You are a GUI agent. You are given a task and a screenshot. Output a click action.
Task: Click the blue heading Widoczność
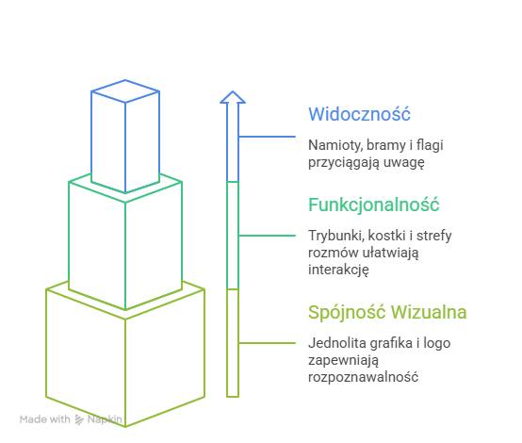point(359,114)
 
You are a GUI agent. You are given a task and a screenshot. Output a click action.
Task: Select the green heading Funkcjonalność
point(373,205)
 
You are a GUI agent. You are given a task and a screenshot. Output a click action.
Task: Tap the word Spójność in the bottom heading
point(347,312)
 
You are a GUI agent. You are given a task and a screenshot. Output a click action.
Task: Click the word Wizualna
point(429,312)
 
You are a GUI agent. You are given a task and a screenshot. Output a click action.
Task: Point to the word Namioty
point(335,145)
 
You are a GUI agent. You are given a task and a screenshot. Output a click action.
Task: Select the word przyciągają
point(344,162)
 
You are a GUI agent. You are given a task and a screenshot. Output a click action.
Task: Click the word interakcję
point(338,270)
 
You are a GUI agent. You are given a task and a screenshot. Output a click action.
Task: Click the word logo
point(437,343)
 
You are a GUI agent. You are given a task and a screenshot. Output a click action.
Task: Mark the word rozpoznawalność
point(363,377)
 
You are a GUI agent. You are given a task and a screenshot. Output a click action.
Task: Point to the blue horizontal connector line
point(267,137)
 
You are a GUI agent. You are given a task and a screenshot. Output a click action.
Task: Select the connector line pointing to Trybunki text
point(267,236)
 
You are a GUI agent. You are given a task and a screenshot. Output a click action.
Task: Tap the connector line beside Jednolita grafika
point(267,343)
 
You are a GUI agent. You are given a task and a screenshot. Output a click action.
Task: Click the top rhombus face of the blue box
point(125,90)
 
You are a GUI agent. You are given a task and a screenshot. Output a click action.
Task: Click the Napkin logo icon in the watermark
point(79,419)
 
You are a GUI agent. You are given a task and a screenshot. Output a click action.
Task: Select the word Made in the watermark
point(32,419)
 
